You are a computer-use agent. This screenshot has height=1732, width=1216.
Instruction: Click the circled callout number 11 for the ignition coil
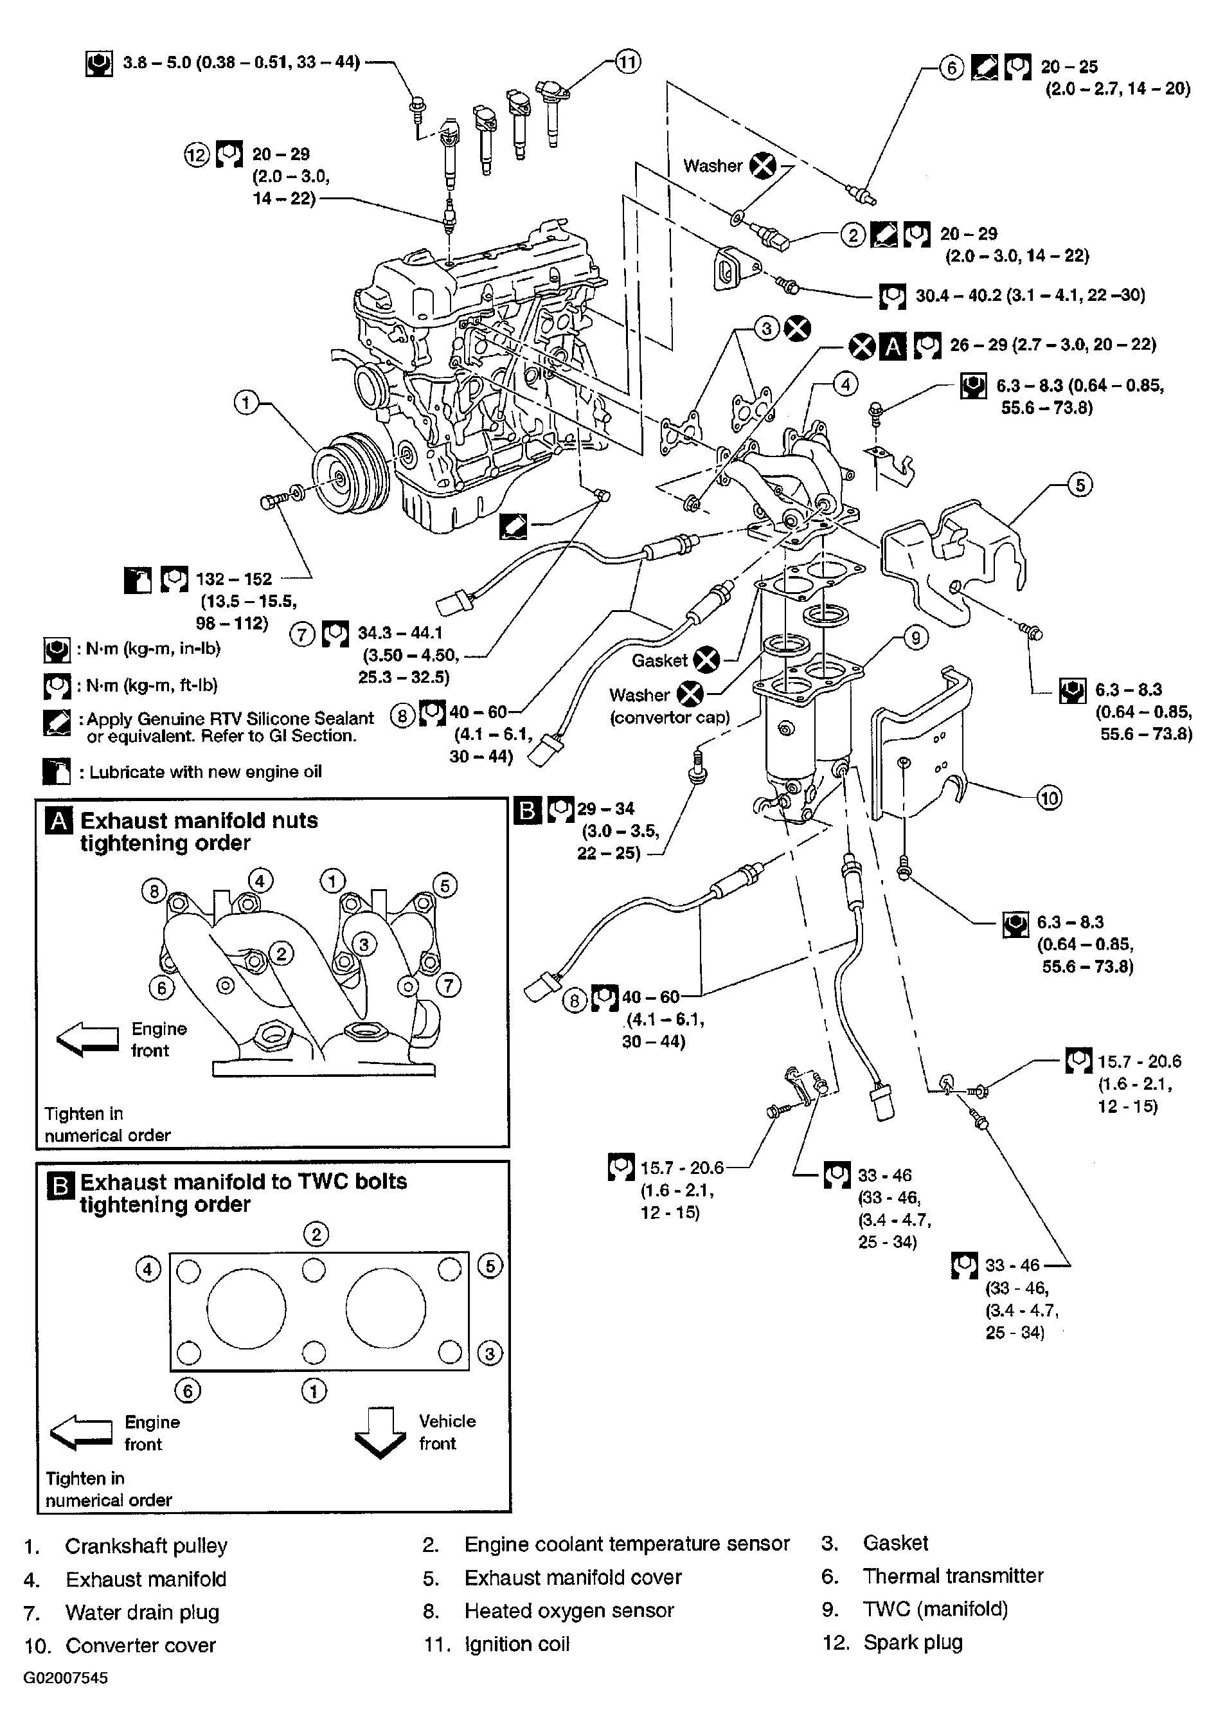click(628, 62)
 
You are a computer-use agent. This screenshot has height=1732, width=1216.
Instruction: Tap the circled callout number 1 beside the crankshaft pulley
click(246, 404)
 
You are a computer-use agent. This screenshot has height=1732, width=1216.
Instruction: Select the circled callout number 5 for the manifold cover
click(1080, 484)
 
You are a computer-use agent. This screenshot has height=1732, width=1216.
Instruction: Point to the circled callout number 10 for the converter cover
click(1050, 797)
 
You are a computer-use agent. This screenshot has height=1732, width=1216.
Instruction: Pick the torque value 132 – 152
click(234, 579)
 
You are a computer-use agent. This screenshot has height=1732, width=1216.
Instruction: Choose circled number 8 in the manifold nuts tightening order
click(154, 892)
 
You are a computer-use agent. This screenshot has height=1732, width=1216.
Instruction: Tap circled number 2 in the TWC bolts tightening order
click(316, 1234)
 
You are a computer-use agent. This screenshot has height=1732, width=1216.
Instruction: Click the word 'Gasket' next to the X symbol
click(659, 661)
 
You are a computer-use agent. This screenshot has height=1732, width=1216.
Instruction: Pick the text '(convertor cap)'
click(670, 717)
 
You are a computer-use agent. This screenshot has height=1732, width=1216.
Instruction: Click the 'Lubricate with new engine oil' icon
click(57, 771)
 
